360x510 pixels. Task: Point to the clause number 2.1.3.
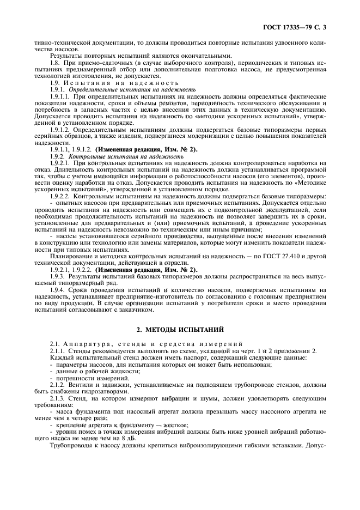(x=58, y=398)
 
